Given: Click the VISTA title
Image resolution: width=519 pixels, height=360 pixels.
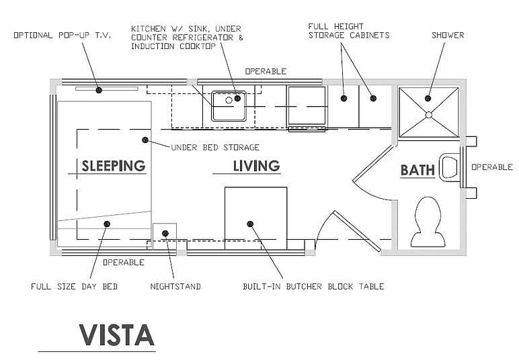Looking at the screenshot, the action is point(117,335).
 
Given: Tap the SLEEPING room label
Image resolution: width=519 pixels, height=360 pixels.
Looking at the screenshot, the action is point(114,166).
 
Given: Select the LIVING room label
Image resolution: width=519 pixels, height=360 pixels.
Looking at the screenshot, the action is point(257,166).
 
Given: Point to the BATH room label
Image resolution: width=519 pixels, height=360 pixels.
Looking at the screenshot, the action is point(417,170).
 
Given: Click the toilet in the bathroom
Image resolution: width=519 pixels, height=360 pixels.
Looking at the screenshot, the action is point(428,222).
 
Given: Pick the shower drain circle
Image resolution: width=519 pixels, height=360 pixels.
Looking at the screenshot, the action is point(429,115).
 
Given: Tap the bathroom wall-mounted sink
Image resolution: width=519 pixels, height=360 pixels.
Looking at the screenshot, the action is point(449,167).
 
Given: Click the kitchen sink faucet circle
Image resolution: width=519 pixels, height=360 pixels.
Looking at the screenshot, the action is point(229,100).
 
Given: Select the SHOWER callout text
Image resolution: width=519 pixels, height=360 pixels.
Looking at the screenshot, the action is point(448,35).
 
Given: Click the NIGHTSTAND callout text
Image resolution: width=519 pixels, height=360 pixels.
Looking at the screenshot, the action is point(175,286).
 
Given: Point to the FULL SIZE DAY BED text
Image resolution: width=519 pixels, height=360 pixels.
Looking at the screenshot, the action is point(74,286).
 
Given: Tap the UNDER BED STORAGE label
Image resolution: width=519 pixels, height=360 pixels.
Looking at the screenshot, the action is point(215,148).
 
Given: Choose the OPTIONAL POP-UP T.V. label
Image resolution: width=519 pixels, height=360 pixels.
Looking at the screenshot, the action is point(63,35).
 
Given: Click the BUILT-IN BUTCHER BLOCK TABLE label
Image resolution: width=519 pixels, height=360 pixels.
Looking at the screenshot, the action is point(313,286).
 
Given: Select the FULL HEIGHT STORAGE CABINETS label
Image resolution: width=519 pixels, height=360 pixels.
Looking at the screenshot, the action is point(349,31).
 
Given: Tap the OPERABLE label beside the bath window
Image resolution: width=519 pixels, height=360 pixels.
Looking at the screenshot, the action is point(492,167).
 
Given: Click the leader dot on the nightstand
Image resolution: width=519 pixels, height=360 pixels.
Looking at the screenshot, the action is point(165,233).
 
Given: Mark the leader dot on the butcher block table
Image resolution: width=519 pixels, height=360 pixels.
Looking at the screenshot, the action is point(250,224).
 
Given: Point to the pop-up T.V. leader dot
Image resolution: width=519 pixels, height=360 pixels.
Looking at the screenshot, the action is point(99,90).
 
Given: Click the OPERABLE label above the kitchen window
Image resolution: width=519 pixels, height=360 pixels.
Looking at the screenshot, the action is point(266,71).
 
